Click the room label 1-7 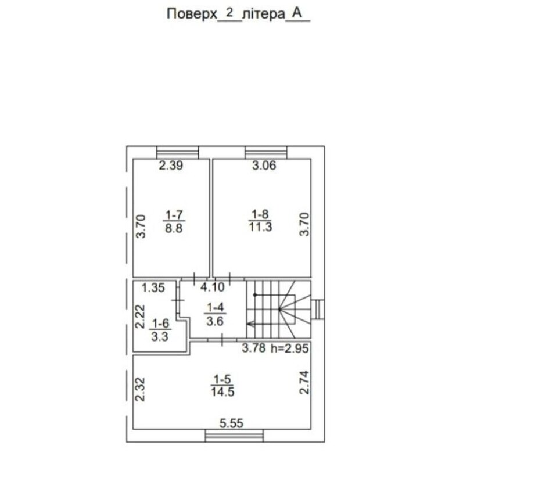click(x=174, y=215)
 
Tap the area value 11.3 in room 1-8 click(x=260, y=227)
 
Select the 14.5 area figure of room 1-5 click(x=222, y=391)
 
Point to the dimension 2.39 click(x=171, y=166)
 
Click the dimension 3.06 click(x=264, y=166)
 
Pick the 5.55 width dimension click(x=231, y=423)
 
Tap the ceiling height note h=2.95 click(x=290, y=348)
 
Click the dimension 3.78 click(x=254, y=348)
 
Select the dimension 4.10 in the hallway click(x=213, y=287)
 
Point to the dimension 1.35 click(x=153, y=287)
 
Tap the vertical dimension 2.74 click(x=304, y=382)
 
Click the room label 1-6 click(x=161, y=324)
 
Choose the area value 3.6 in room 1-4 click(x=215, y=321)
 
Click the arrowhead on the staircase click(x=250, y=324)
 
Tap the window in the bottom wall click(x=234, y=436)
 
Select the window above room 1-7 click(x=178, y=152)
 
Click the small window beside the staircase click(x=318, y=309)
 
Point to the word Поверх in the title click(x=192, y=14)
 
